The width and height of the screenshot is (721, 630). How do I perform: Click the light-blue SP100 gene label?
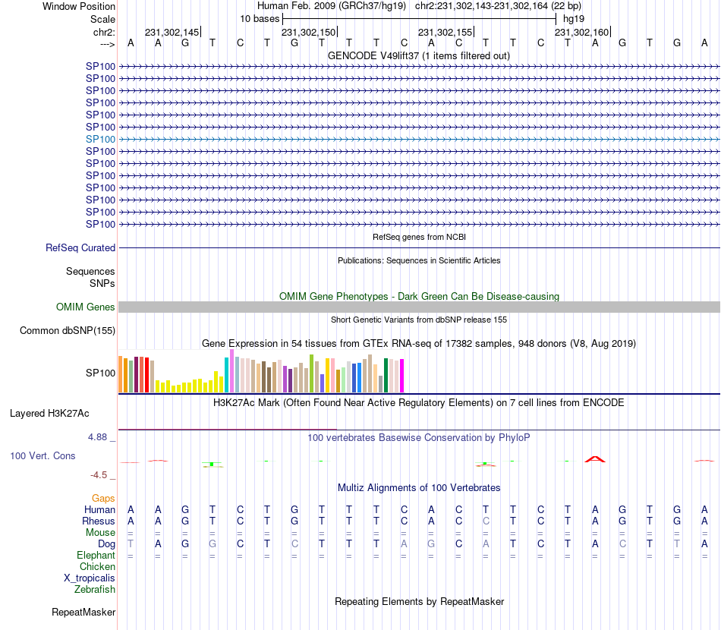(100, 139)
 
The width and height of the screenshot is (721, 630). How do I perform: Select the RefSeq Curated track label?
(80, 247)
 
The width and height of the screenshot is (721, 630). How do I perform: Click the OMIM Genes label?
(86, 307)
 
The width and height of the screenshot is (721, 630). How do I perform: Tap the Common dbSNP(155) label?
(68, 330)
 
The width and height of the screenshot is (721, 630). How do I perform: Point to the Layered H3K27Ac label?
(49, 414)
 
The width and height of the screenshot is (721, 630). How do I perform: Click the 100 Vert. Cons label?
(43, 455)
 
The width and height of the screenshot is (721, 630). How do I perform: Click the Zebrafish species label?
(95, 589)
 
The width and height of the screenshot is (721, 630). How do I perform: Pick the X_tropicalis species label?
(90, 578)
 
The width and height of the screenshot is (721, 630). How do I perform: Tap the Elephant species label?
(96, 556)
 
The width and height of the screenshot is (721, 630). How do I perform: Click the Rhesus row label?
(99, 521)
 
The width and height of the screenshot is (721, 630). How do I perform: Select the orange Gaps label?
(103, 498)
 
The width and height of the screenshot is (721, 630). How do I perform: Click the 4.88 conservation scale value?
(99, 437)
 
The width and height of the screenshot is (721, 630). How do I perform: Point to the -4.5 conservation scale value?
(99, 475)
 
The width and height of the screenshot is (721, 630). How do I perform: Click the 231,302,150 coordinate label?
(308, 32)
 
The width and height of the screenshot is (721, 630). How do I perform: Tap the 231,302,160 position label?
(581, 32)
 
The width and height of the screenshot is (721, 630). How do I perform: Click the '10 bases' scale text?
(260, 18)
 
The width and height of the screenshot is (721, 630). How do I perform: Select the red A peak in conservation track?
(595, 459)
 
